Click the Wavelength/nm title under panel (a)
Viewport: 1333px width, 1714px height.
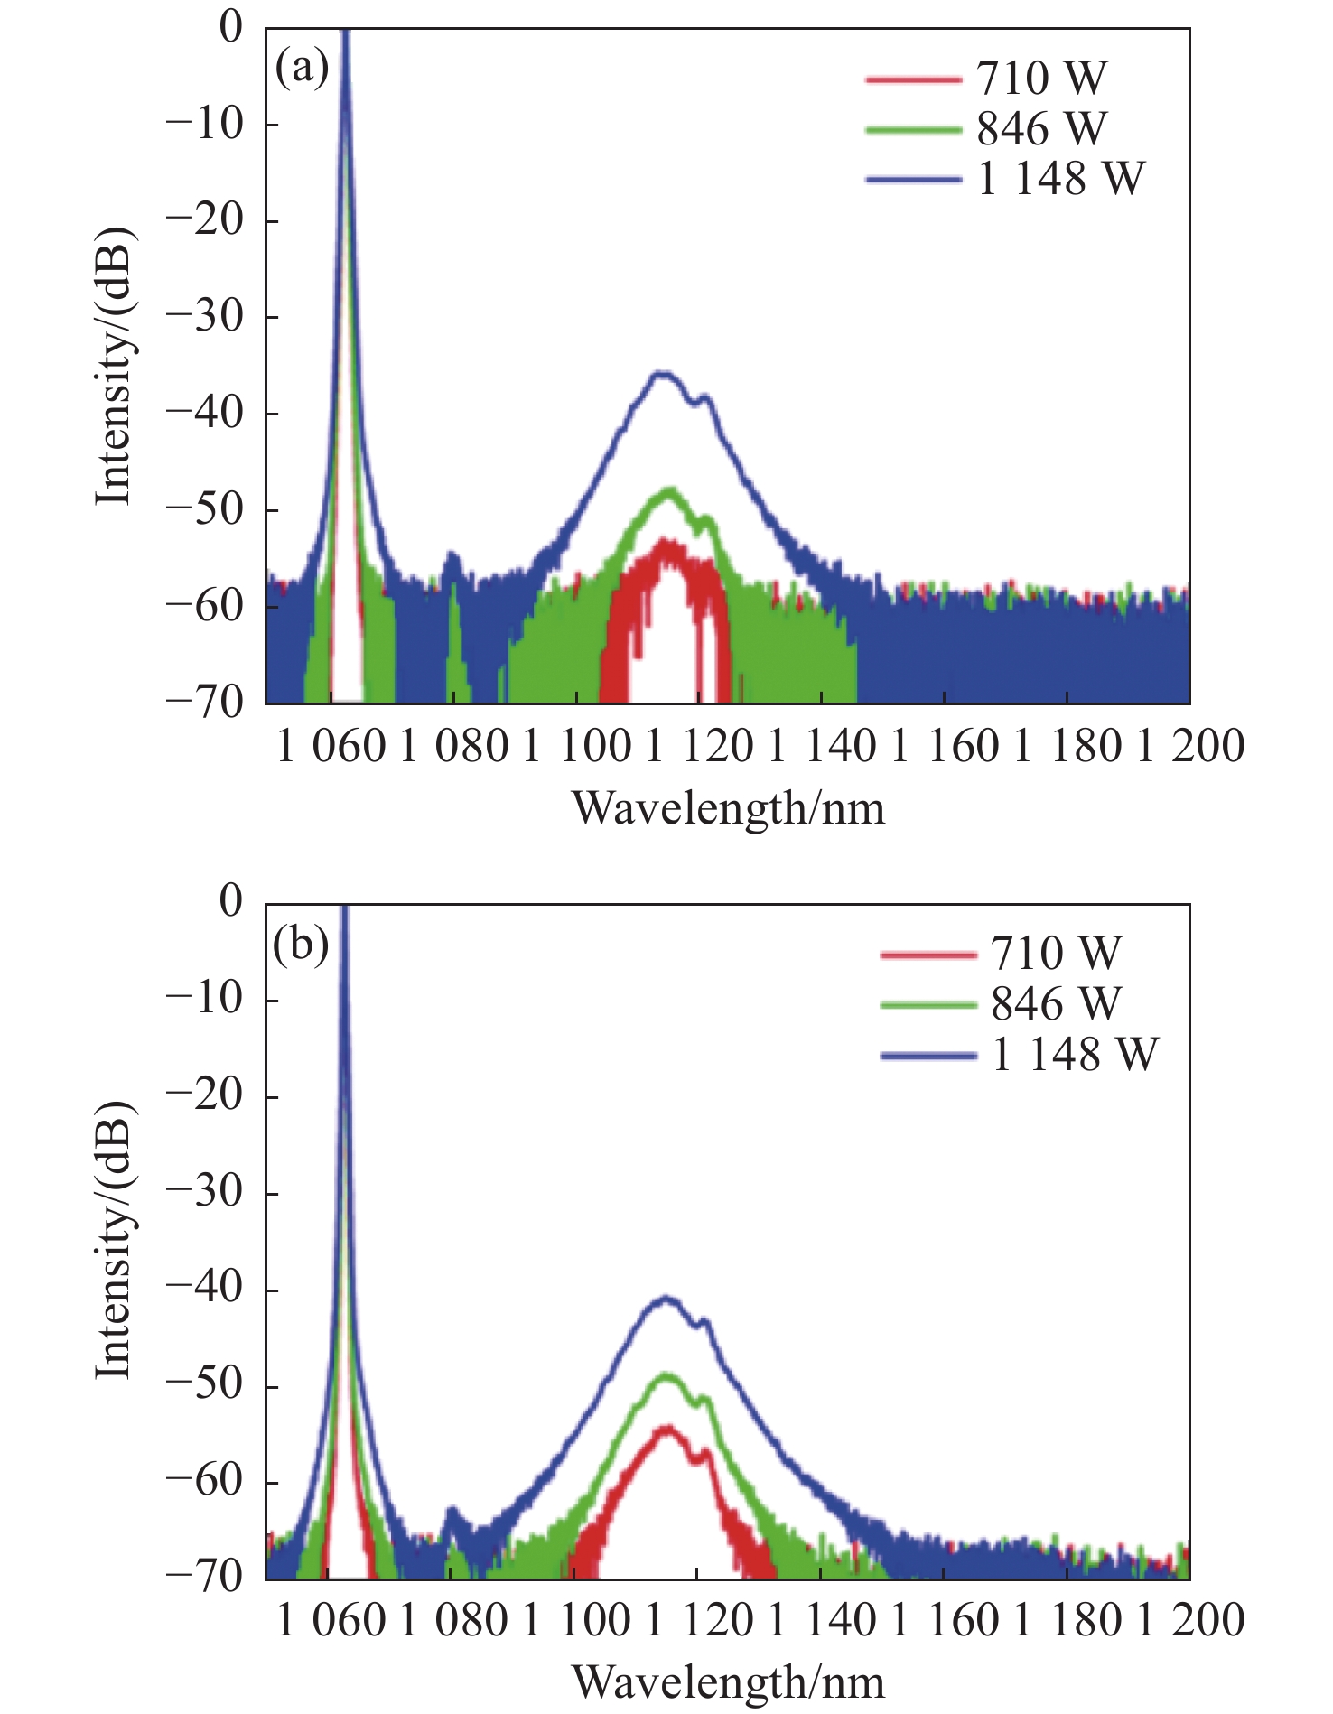728,807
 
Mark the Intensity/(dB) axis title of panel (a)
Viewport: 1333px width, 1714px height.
116,366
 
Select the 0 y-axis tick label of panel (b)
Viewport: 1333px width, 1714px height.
231,901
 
